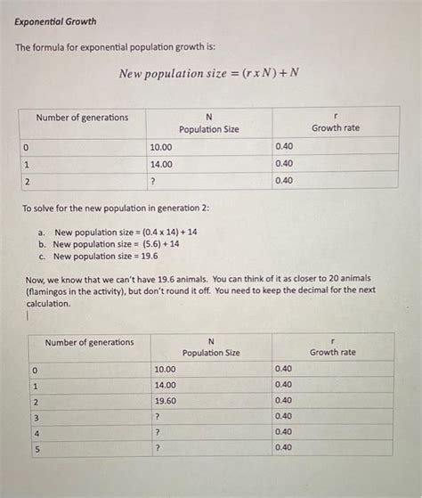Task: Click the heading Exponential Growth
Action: click(56, 20)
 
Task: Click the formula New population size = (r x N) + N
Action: click(209, 72)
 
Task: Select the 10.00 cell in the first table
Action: click(161, 146)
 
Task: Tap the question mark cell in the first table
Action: click(155, 181)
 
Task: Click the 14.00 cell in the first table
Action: click(161, 164)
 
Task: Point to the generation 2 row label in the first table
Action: click(28, 181)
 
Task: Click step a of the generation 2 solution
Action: click(118, 231)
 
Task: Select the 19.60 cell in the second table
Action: click(165, 401)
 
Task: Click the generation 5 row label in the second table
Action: click(36, 449)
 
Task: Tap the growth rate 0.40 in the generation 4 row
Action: click(283, 432)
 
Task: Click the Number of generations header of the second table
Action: click(89, 343)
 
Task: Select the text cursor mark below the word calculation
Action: click(29, 314)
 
